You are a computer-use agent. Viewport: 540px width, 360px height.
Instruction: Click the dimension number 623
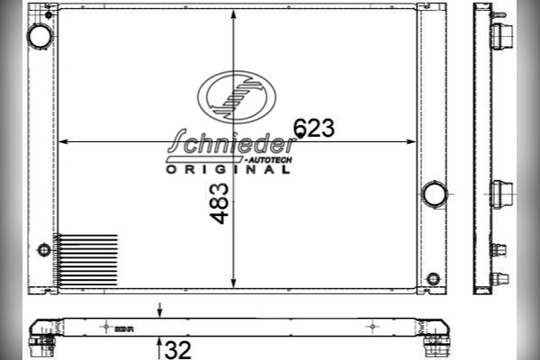tap(314, 128)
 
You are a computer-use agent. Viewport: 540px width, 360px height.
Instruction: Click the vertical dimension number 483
tap(219, 203)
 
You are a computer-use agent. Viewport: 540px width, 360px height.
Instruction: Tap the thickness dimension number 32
tap(177, 350)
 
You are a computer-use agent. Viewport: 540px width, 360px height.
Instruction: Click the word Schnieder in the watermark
tap(231, 141)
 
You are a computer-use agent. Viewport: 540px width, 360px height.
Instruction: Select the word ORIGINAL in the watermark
tap(229, 169)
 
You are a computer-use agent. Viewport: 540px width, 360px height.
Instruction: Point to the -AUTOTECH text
tap(268, 160)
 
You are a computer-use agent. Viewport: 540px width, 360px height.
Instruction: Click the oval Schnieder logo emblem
tap(237, 97)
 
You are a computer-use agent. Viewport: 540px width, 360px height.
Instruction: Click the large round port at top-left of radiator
tap(40, 36)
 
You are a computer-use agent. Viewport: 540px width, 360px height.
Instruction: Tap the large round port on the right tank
tap(435, 194)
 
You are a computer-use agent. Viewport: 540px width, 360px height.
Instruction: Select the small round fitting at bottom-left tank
tap(44, 250)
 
